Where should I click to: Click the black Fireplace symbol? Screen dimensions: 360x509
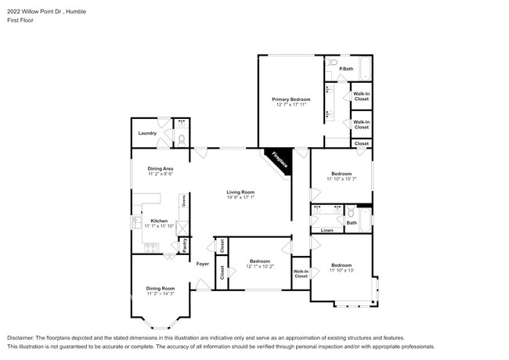[277, 160]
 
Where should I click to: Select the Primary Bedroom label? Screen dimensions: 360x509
[291, 99]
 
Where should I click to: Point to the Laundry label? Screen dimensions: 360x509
[147, 133]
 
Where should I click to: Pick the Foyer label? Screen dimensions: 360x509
[203, 264]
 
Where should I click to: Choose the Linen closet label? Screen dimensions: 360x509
[327, 230]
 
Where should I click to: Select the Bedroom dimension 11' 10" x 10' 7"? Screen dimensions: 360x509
[341, 179]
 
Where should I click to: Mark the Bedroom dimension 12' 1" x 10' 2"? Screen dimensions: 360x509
[259, 266]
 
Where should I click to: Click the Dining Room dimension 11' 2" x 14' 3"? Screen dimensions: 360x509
[160, 293]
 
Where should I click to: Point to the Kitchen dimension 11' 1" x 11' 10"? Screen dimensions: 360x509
[159, 226]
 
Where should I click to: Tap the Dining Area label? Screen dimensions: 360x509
[160, 169]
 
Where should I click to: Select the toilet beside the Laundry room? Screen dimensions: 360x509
[182, 139]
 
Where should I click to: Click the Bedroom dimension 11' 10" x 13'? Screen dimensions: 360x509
[341, 270]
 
